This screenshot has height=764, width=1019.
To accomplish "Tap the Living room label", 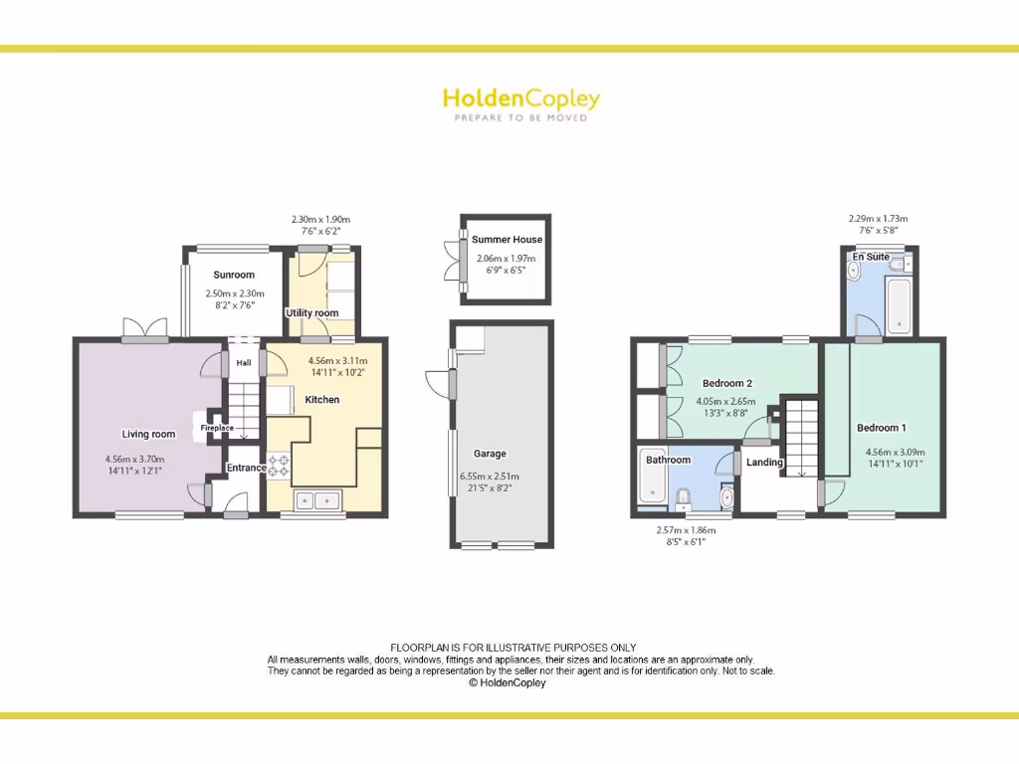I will [x=148, y=434].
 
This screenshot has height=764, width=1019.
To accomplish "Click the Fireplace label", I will [x=217, y=428].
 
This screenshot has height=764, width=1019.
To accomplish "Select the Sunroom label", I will [x=234, y=275].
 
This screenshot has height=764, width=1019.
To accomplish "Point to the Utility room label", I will [x=312, y=312].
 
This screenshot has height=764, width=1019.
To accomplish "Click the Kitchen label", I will [x=322, y=400].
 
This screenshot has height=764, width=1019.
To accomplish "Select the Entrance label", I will [x=246, y=468].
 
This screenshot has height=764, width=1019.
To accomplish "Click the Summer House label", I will [x=507, y=240].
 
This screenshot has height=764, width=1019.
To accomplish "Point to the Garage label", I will [x=491, y=454].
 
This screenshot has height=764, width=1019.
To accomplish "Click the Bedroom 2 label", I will [x=726, y=383].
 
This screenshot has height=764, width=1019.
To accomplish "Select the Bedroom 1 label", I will [x=882, y=428].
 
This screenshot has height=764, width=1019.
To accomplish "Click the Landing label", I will [x=765, y=463].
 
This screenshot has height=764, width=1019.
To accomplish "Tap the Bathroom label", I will [x=668, y=460].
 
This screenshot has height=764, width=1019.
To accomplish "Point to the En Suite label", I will [x=871, y=257].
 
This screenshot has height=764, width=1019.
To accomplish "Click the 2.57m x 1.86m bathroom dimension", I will [x=686, y=530].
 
